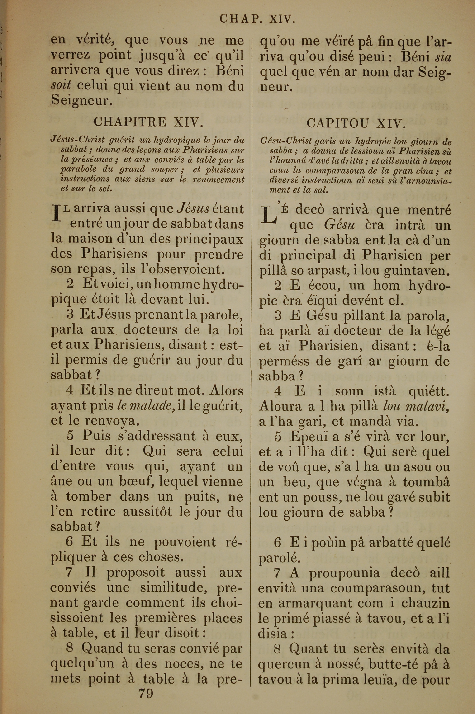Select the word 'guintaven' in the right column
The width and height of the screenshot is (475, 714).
point(415,271)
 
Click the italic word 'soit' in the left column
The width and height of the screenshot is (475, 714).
point(61,86)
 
